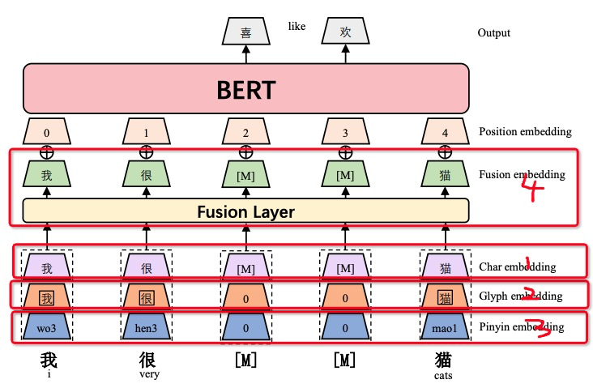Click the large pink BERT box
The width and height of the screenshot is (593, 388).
(x=246, y=89)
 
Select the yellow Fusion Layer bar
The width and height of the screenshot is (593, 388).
(x=246, y=212)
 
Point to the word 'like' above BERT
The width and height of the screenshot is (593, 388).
(x=296, y=27)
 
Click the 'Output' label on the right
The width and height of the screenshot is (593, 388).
(x=495, y=33)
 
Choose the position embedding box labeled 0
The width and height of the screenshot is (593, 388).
(x=46, y=131)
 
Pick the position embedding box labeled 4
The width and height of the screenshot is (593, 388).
(x=445, y=131)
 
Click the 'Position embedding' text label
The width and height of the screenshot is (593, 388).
(x=525, y=131)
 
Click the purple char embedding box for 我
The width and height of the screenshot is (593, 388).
(x=46, y=267)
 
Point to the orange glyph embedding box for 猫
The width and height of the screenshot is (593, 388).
(x=445, y=297)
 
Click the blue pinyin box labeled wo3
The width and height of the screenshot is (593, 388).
(x=46, y=327)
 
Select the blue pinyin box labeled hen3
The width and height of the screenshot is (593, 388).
(x=146, y=327)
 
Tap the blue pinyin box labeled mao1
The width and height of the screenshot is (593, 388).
(x=445, y=327)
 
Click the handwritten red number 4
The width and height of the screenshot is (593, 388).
(x=533, y=190)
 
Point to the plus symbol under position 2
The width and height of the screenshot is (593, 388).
(x=245, y=151)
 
